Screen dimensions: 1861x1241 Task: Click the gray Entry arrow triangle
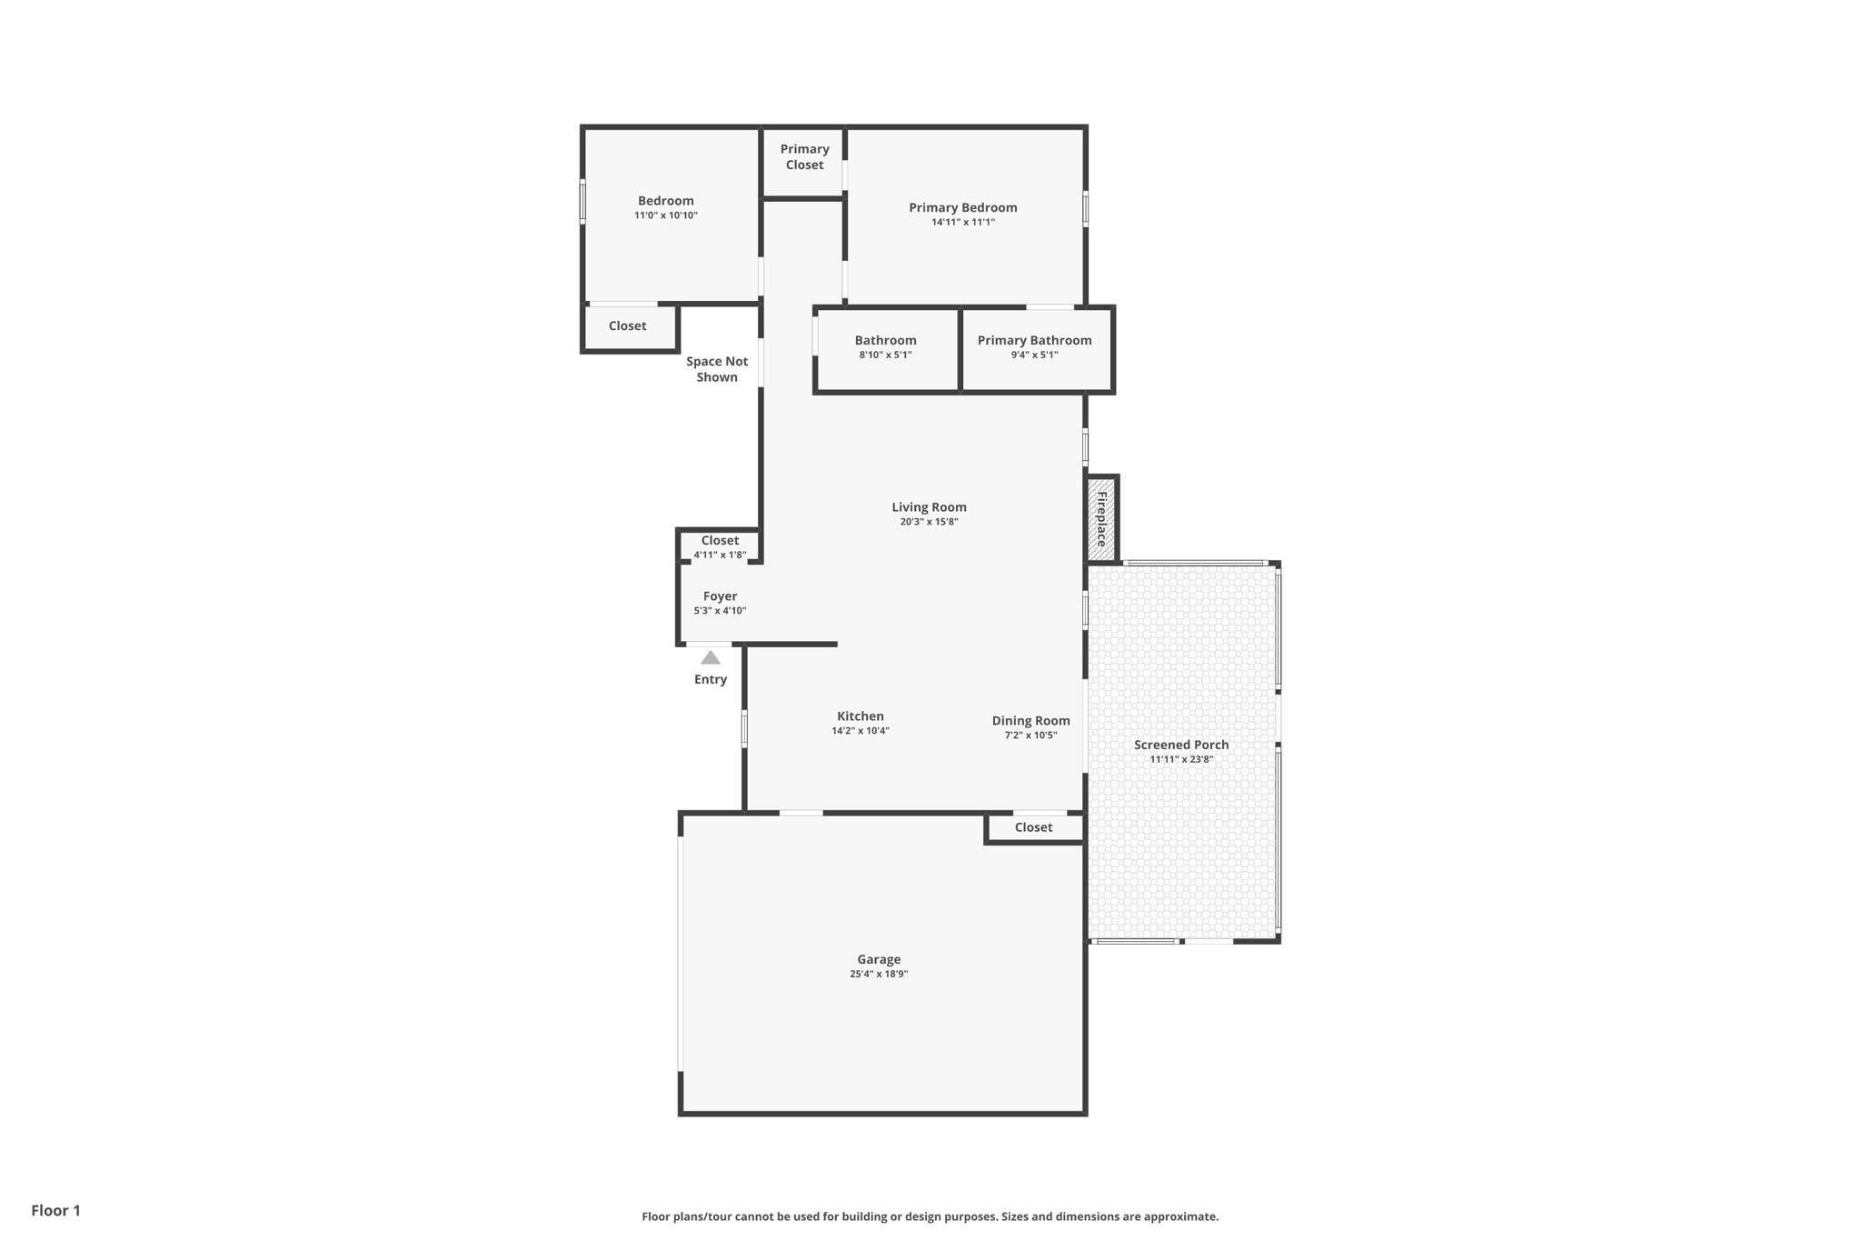pyautogui.click(x=711, y=657)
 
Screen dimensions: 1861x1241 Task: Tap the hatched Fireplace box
pyautogui.click(x=1101, y=519)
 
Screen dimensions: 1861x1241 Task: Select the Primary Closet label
pyautogui.click(x=804, y=156)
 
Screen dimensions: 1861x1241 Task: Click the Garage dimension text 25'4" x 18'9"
pyautogui.click(x=879, y=974)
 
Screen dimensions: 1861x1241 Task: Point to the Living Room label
pyautogui.click(x=929, y=507)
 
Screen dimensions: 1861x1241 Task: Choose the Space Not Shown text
pyautogui.click(x=717, y=369)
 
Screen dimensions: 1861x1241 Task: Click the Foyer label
pyautogui.click(x=720, y=596)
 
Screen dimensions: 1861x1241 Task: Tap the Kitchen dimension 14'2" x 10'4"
pyautogui.click(x=861, y=730)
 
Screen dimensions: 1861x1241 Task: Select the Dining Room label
pyautogui.click(x=1030, y=721)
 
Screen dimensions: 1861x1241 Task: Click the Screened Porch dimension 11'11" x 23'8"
pyautogui.click(x=1181, y=759)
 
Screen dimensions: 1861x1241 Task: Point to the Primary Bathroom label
pyautogui.click(x=1034, y=340)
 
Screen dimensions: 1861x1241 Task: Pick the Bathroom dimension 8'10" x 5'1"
pyautogui.click(x=885, y=355)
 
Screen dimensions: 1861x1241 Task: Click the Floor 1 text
pyautogui.click(x=55, y=1210)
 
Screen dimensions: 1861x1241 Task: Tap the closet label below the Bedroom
pyautogui.click(x=627, y=325)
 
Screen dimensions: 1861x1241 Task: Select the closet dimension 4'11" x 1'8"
pyautogui.click(x=720, y=555)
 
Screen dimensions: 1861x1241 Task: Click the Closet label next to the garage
pyautogui.click(x=1033, y=827)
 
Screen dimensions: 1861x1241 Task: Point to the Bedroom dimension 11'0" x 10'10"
pyautogui.click(x=666, y=215)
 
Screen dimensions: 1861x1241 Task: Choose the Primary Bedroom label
pyautogui.click(x=963, y=207)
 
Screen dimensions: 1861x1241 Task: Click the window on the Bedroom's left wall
pyautogui.click(x=582, y=201)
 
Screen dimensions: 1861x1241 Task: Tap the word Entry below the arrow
pyautogui.click(x=711, y=679)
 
